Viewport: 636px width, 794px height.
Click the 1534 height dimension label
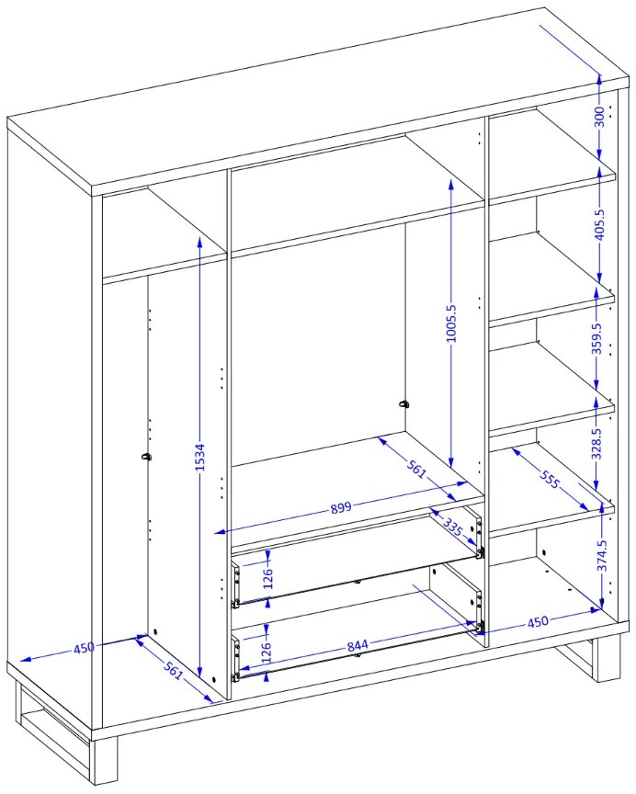(x=200, y=458)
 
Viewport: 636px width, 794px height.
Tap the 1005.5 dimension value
(x=451, y=323)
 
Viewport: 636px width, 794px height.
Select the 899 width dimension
(x=341, y=507)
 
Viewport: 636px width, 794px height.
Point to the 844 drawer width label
(x=358, y=646)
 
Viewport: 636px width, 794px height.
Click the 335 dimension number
(x=453, y=527)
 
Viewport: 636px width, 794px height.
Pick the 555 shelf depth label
(x=550, y=479)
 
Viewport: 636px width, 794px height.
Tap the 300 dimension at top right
(x=599, y=117)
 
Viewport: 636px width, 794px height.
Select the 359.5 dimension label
(x=597, y=339)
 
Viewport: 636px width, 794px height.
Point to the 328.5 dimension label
(x=597, y=444)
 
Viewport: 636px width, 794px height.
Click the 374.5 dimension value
(x=602, y=555)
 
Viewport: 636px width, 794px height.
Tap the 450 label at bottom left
(x=84, y=648)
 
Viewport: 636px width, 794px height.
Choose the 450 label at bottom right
(x=538, y=621)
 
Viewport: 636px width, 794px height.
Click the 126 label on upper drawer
(x=267, y=578)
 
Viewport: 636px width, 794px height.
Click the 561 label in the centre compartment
(x=416, y=470)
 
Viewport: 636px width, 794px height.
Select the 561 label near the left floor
(x=173, y=671)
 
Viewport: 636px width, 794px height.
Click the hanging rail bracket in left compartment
(x=147, y=457)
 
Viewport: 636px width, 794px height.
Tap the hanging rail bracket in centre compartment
(x=403, y=404)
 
